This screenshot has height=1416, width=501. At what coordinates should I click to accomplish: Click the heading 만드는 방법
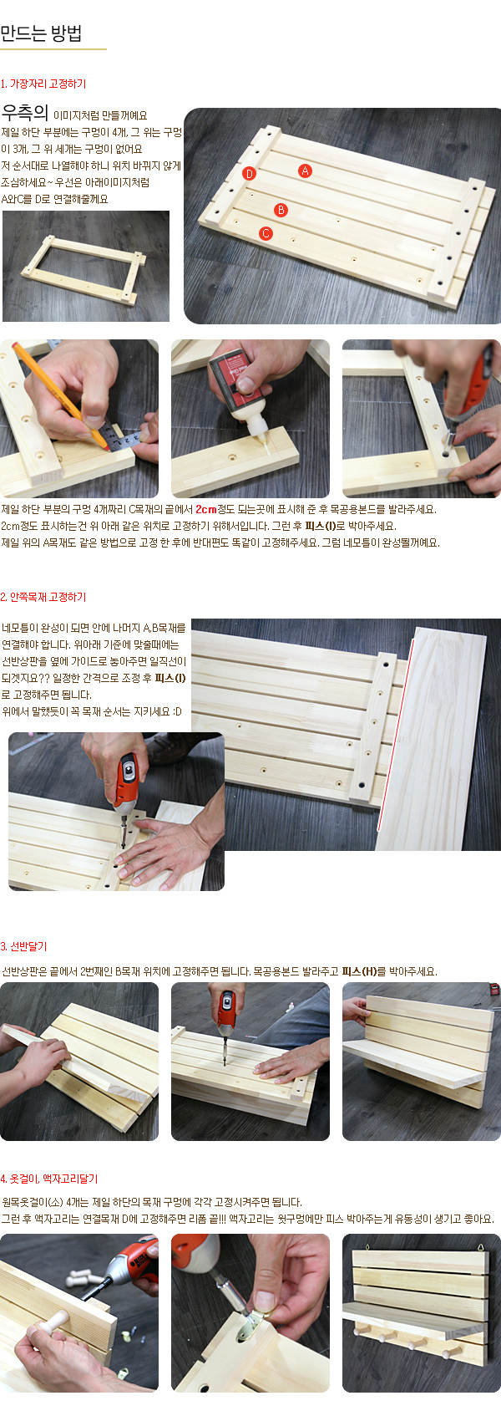click(41, 33)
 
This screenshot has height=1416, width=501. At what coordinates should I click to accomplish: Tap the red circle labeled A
click(305, 171)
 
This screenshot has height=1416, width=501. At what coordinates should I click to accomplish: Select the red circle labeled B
click(281, 210)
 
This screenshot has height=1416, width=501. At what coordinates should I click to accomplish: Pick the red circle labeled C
click(266, 233)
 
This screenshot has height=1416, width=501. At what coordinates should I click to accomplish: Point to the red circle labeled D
click(250, 174)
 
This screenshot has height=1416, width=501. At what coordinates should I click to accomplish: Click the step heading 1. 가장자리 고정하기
click(43, 84)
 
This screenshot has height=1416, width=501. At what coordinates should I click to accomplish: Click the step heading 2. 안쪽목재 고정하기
click(43, 597)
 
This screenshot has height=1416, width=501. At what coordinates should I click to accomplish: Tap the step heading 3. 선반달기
click(24, 946)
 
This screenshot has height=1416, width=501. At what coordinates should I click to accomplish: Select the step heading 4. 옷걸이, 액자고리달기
click(49, 1179)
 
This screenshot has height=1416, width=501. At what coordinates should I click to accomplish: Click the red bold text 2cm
click(206, 510)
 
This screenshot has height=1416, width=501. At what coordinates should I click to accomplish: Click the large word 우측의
click(25, 113)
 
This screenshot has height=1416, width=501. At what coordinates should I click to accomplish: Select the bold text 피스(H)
click(359, 971)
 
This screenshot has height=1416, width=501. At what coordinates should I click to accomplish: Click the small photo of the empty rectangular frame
click(86, 266)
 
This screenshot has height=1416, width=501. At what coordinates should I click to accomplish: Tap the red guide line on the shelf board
click(396, 732)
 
